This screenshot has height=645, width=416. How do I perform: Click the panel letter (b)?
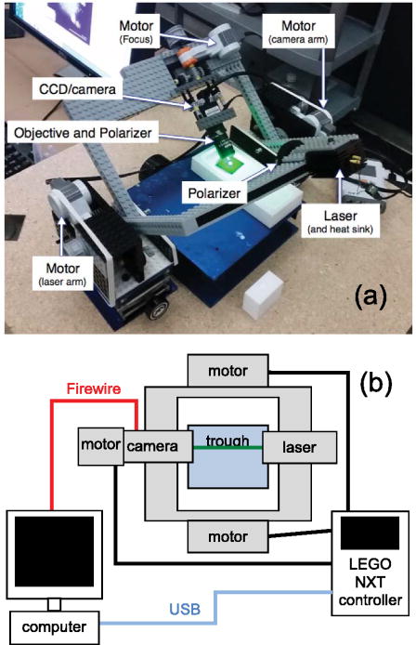coord(380,379)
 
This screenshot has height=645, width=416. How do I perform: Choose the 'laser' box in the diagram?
coord(289,447)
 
